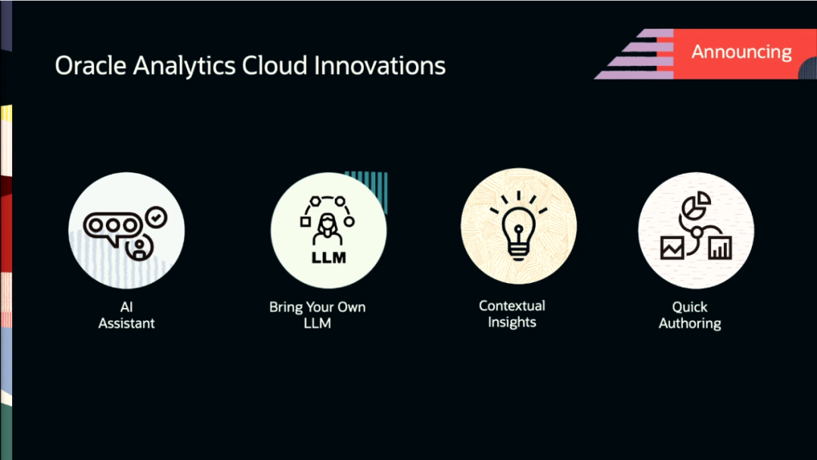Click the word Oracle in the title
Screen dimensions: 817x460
tap(90, 66)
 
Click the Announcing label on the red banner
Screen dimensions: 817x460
tap(741, 51)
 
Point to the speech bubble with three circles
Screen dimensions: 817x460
tap(113, 227)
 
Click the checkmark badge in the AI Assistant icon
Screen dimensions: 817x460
tap(157, 216)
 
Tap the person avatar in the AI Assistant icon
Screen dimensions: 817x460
tap(139, 247)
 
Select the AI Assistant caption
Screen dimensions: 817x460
tap(126, 315)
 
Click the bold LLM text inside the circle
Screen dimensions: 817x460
tap(328, 257)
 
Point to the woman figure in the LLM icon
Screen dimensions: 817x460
tap(328, 228)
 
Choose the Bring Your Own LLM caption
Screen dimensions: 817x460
tap(317, 315)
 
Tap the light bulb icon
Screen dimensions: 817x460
tap(518, 228)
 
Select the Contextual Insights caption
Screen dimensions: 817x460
tap(511, 314)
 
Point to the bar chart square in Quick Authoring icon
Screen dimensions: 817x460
tap(719, 247)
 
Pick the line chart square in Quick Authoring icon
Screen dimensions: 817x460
tap(673, 247)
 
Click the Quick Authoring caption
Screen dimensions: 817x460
tap(689, 315)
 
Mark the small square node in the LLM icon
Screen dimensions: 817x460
tap(306, 222)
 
